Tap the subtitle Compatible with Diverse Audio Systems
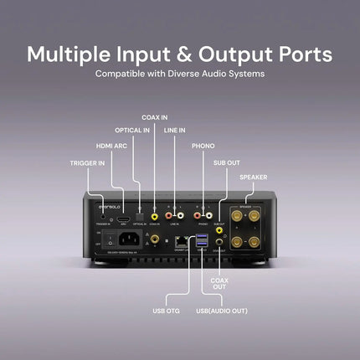point(180,75)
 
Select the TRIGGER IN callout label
point(87,159)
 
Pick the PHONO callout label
point(203,145)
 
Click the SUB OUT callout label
point(226,162)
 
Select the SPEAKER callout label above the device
point(254,177)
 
